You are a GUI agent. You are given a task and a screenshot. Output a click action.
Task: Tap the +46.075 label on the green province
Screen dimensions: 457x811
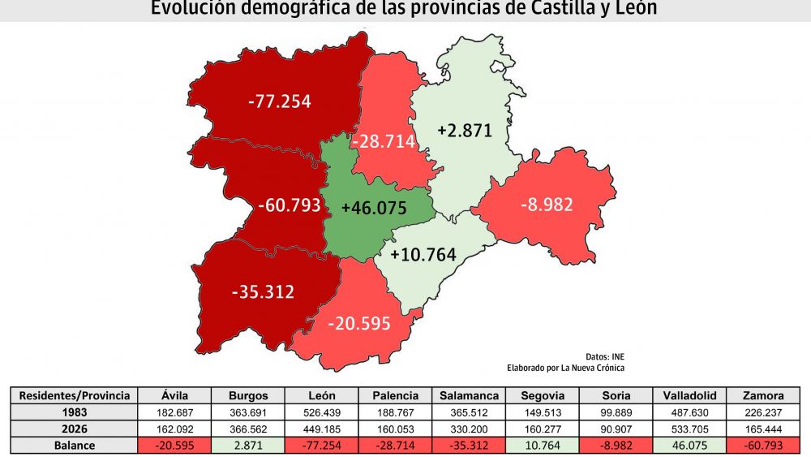pos(374,207)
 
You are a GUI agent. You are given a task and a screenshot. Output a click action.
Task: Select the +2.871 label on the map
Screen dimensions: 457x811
pos(465,130)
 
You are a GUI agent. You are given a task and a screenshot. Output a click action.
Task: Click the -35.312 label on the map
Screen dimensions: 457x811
pos(263,291)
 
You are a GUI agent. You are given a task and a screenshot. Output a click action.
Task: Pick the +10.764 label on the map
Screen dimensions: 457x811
pos(423,254)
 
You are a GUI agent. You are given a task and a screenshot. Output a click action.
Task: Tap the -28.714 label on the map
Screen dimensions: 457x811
pos(384,141)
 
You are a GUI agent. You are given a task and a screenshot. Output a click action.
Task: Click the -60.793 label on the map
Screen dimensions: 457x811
pos(290,205)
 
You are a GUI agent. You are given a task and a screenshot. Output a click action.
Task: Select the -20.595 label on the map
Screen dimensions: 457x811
pos(359,323)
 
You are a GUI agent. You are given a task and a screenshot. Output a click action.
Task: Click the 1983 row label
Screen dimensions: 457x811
pos(74,413)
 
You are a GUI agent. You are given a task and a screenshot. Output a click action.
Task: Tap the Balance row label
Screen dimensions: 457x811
pos(74,446)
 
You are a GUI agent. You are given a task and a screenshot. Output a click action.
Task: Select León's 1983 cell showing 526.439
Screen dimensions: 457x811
pos(322,413)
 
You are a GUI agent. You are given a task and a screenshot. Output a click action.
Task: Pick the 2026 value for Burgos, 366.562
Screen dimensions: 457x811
pos(248,429)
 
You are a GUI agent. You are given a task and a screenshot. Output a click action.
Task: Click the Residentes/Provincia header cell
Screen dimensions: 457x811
pos(74,396)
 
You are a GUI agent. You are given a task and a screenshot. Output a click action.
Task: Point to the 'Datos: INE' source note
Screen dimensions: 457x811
pos(605,356)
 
